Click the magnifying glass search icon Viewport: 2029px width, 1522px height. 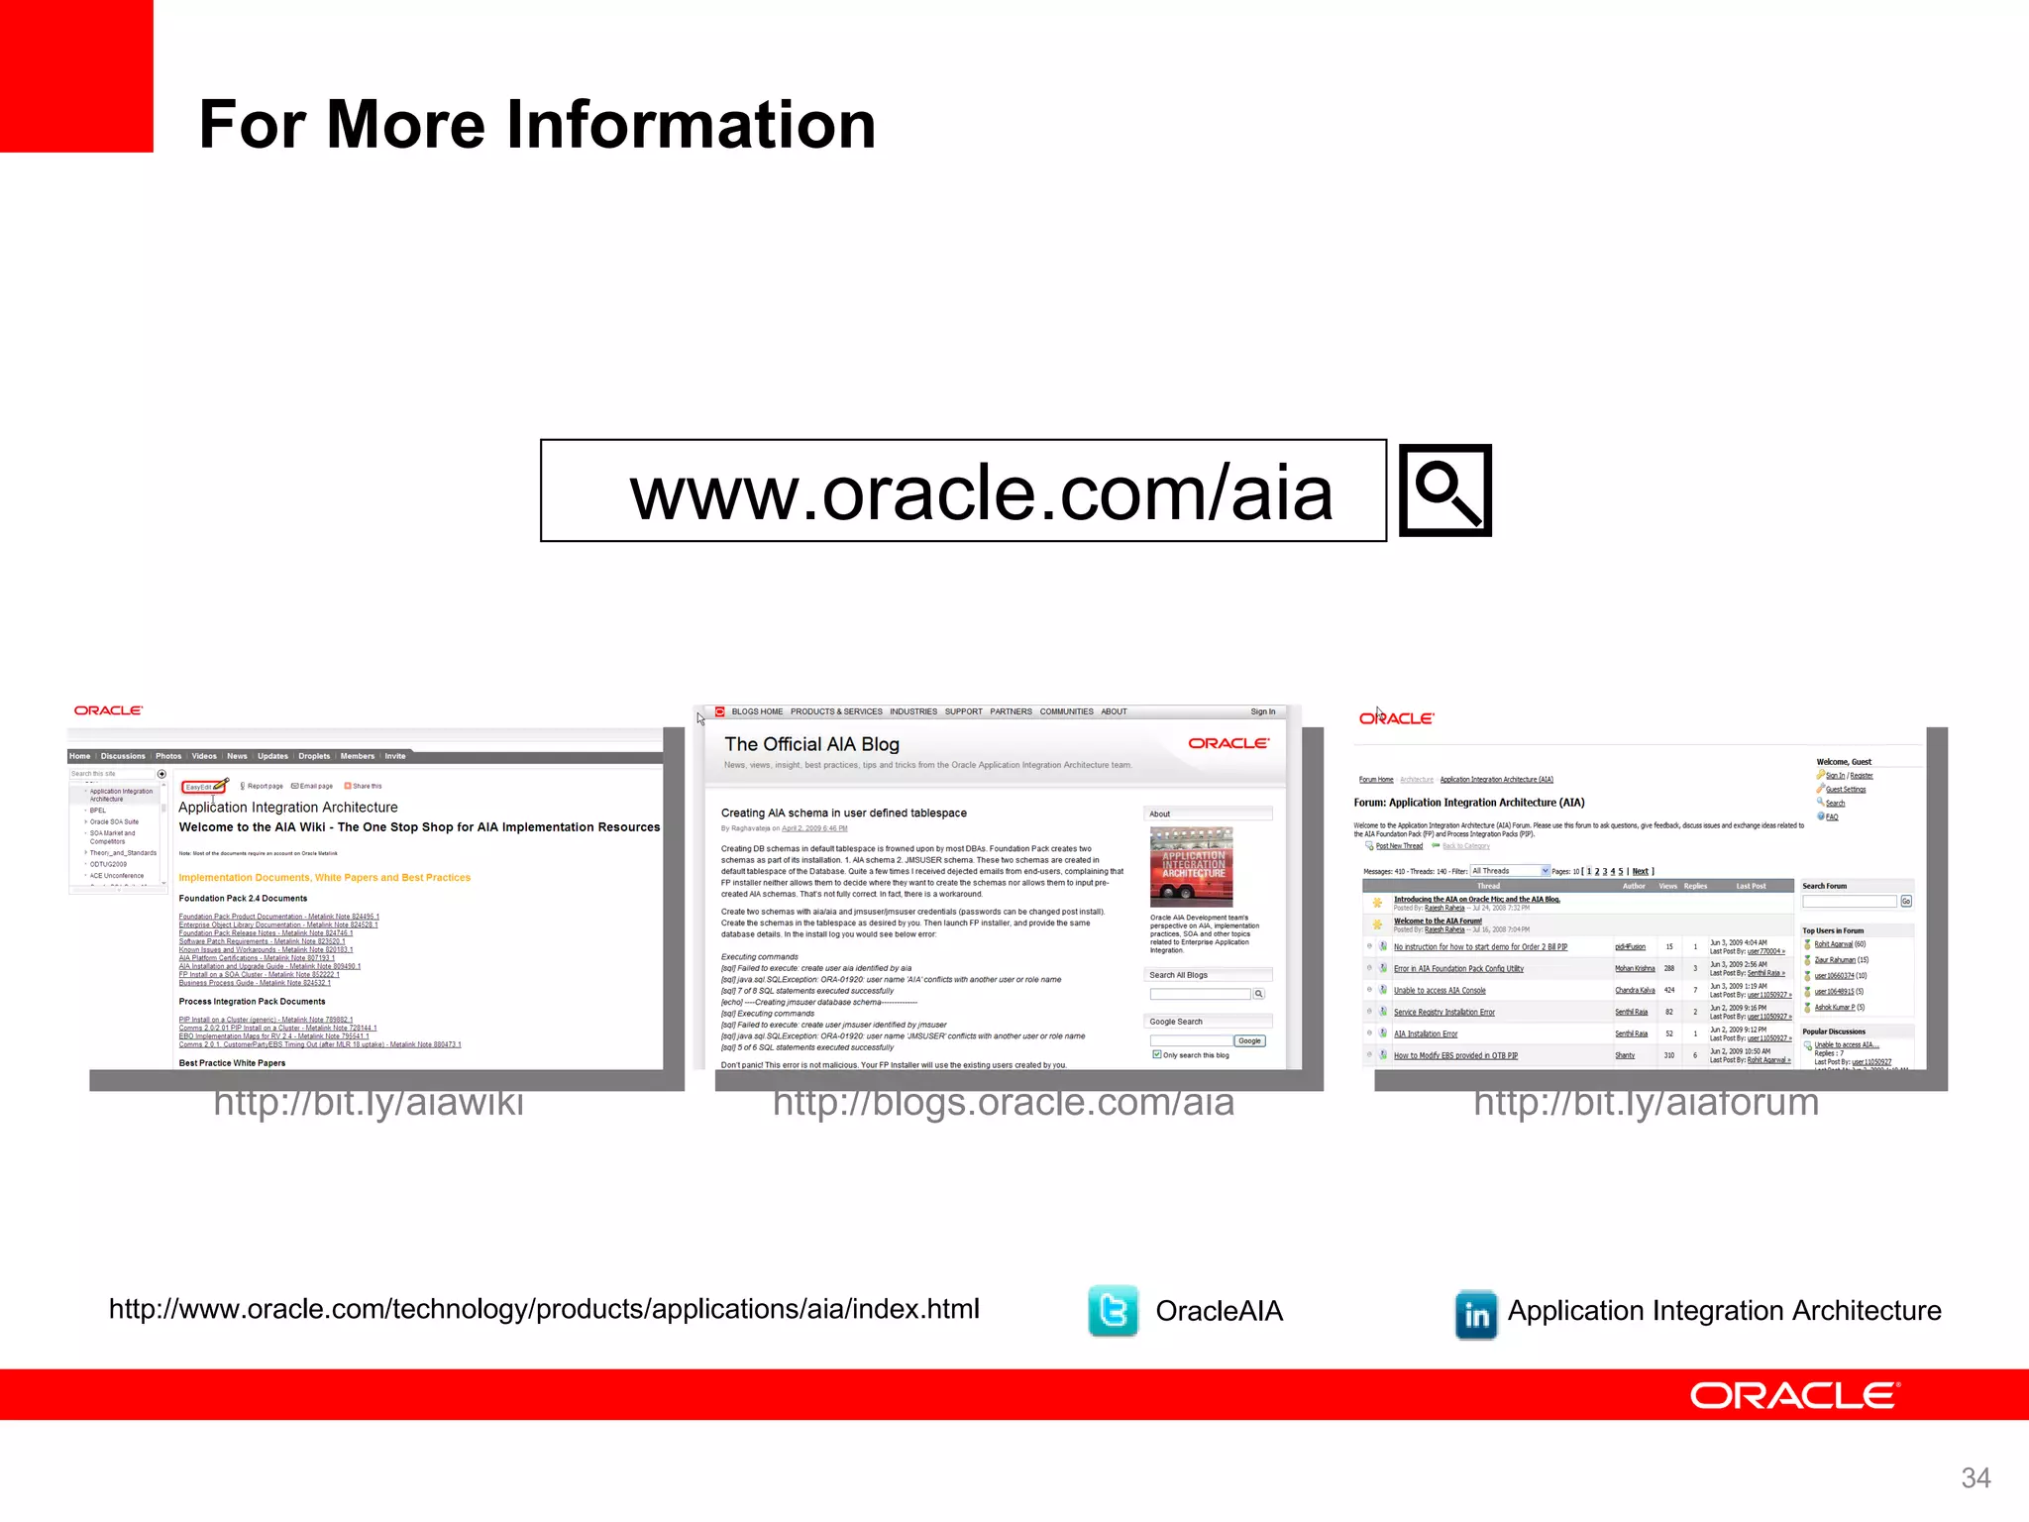point(1445,490)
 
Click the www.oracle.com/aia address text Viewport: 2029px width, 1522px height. point(981,492)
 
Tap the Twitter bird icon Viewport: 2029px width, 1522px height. point(1113,1311)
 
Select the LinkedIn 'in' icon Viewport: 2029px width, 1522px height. point(1476,1314)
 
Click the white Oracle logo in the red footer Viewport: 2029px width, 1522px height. point(1794,1395)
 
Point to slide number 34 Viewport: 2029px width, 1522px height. point(1976,1477)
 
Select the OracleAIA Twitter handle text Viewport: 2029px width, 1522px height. point(1219,1311)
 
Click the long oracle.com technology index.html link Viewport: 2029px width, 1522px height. point(544,1309)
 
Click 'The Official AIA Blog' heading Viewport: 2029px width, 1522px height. point(811,744)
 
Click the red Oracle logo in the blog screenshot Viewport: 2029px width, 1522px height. point(1228,743)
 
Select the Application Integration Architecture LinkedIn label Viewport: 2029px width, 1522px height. point(1724,1311)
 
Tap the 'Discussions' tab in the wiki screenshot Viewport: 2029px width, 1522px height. point(123,756)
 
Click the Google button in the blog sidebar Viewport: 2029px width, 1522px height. point(1249,1040)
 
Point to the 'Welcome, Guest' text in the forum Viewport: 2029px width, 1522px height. point(1844,762)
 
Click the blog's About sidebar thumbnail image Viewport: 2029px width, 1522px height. point(1192,866)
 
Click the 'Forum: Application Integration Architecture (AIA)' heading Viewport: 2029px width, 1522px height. point(1469,803)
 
